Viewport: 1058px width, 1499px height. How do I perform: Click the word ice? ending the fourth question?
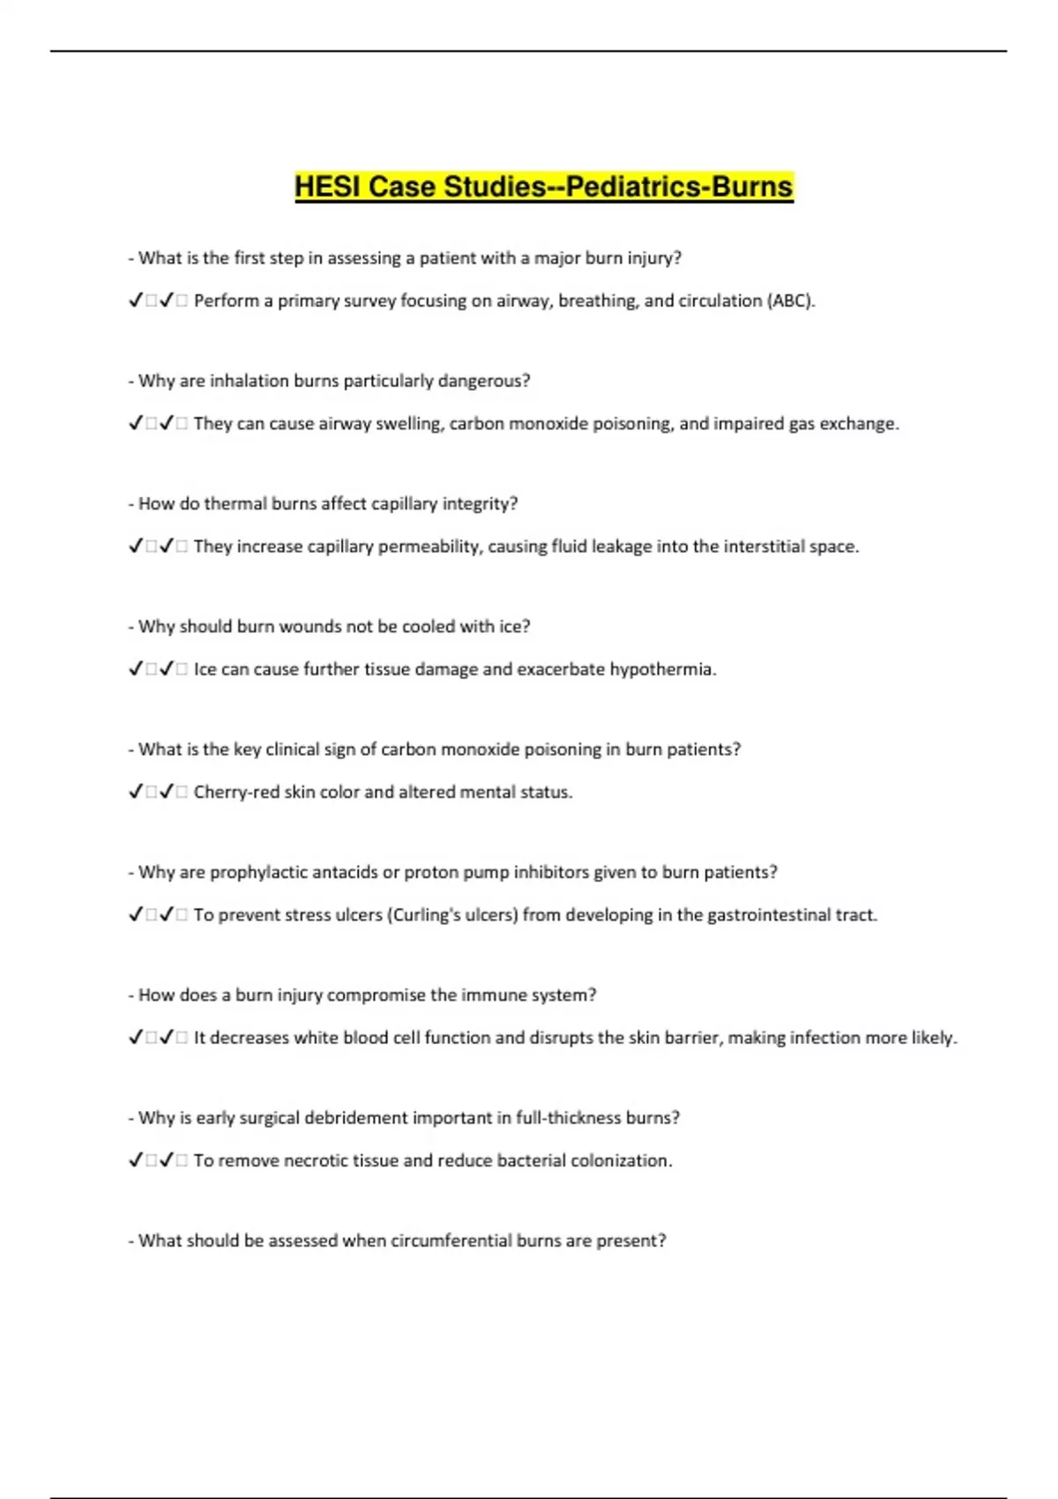coord(515,626)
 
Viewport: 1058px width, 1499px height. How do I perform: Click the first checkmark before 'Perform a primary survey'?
coord(136,301)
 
